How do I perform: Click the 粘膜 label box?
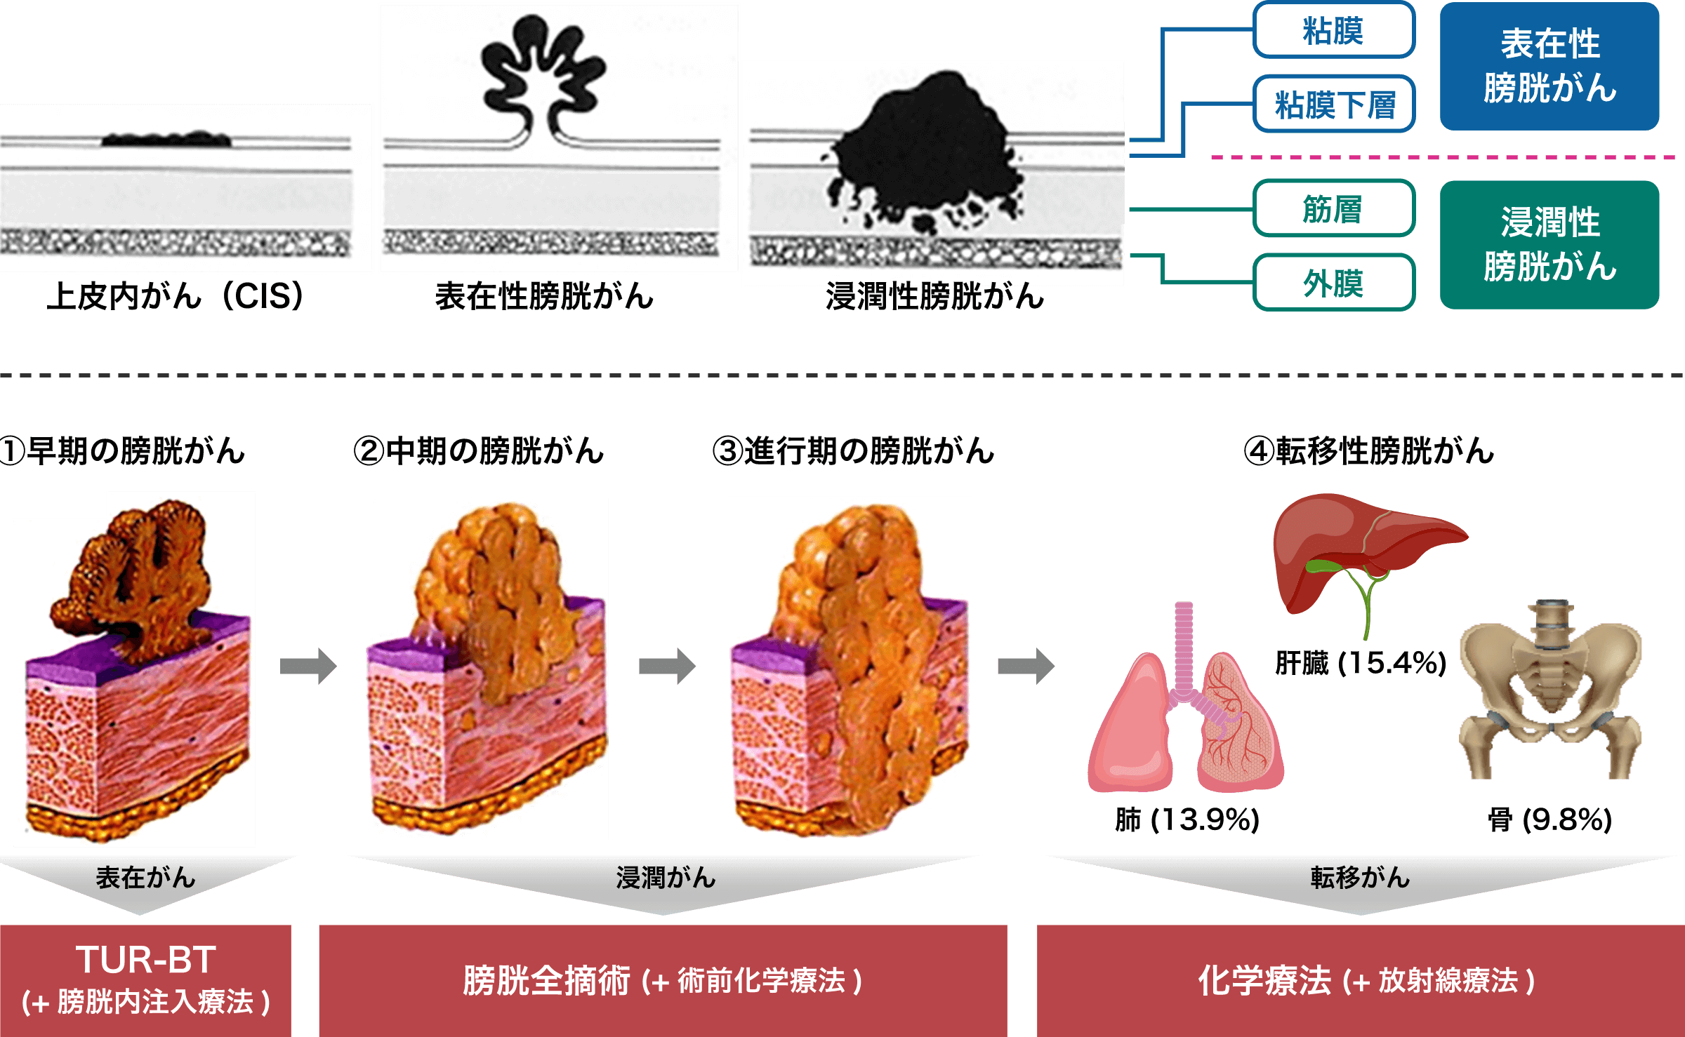pyautogui.click(x=1333, y=31)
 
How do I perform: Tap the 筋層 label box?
pyautogui.click(x=1333, y=209)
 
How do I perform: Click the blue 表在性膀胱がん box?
pyautogui.click(x=1549, y=66)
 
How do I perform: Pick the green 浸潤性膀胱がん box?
pyautogui.click(x=1549, y=244)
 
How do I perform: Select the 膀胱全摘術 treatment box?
pyautogui.click(x=663, y=980)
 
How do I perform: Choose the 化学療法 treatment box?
pyautogui.click(x=1361, y=980)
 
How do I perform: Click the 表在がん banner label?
pyautogui.click(x=145, y=878)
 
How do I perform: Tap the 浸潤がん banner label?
pyautogui.click(x=665, y=878)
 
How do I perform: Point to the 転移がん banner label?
pyautogui.click(x=1360, y=878)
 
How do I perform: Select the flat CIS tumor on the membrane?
pyautogui.click(x=167, y=139)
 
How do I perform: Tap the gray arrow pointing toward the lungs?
pyautogui.click(x=1026, y=666)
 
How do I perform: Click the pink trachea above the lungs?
pyautogui.click(x=1184, y=645)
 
